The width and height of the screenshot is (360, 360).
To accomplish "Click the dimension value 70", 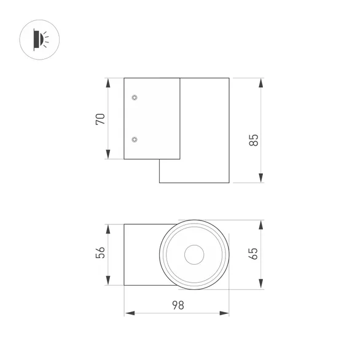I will point(101,119).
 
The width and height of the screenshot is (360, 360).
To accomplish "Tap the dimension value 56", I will point(101,252).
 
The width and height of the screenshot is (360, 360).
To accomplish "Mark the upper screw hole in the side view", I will point(135,97).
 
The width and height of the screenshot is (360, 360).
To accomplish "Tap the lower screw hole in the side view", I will point(135,139).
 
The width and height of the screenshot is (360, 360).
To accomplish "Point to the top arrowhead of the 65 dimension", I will point(261,223).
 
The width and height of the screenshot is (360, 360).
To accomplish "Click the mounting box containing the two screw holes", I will point(152,119).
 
